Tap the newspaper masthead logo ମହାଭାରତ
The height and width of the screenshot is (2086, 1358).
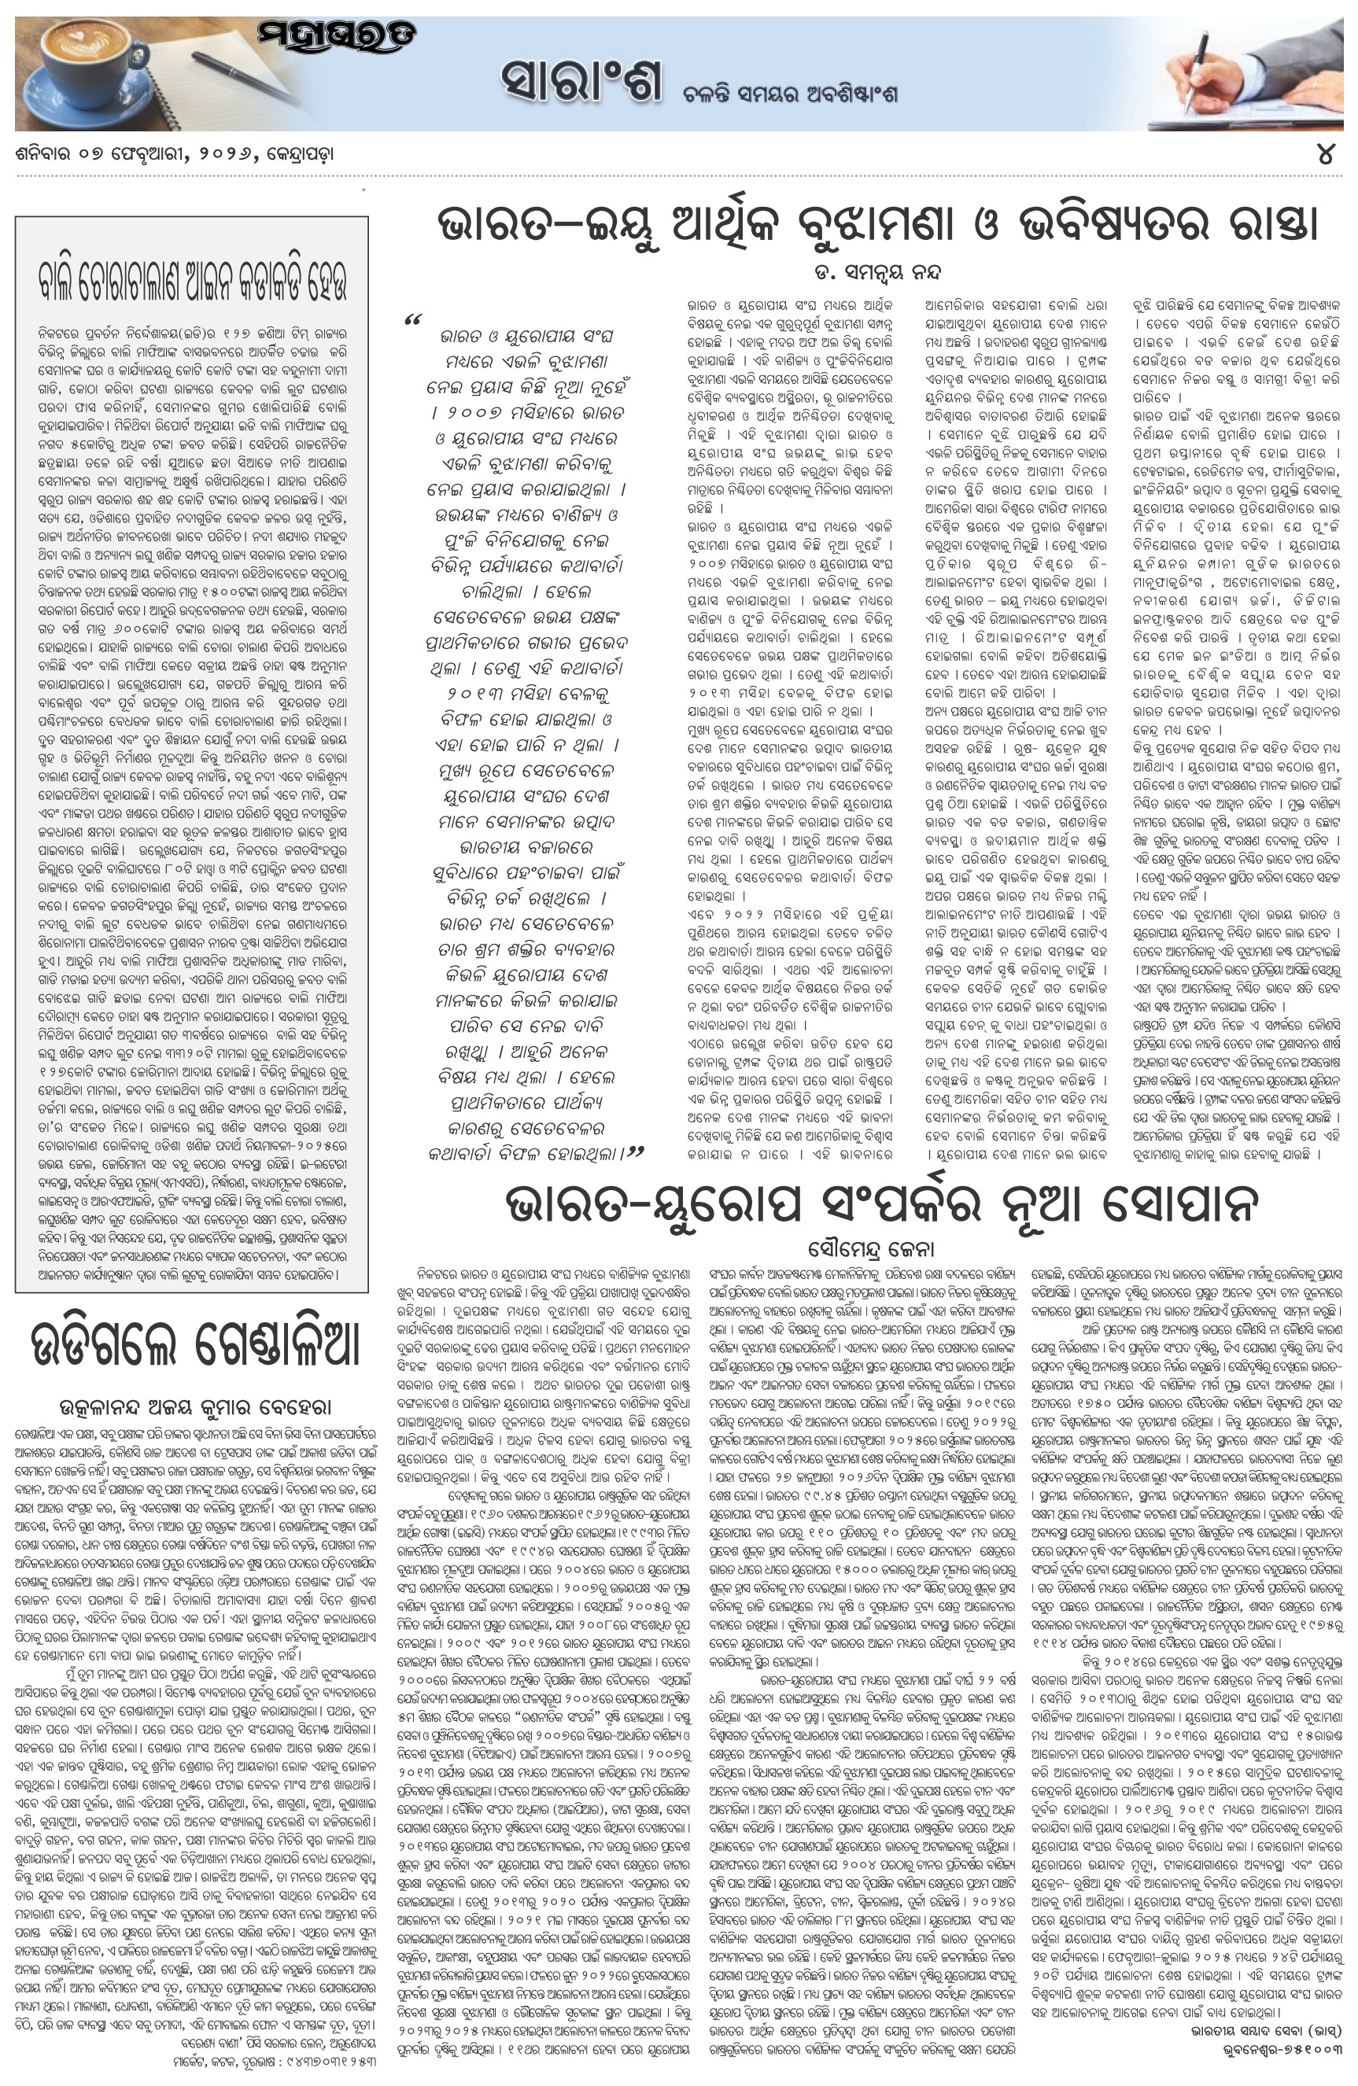tap(337, 37)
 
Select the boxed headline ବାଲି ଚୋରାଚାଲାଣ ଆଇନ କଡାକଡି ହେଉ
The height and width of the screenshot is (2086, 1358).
tap(192, 282)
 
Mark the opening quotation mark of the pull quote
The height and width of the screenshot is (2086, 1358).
tap(413, 322)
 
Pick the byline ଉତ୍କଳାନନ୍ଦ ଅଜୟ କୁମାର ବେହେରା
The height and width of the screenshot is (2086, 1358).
tap(194, 1408)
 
